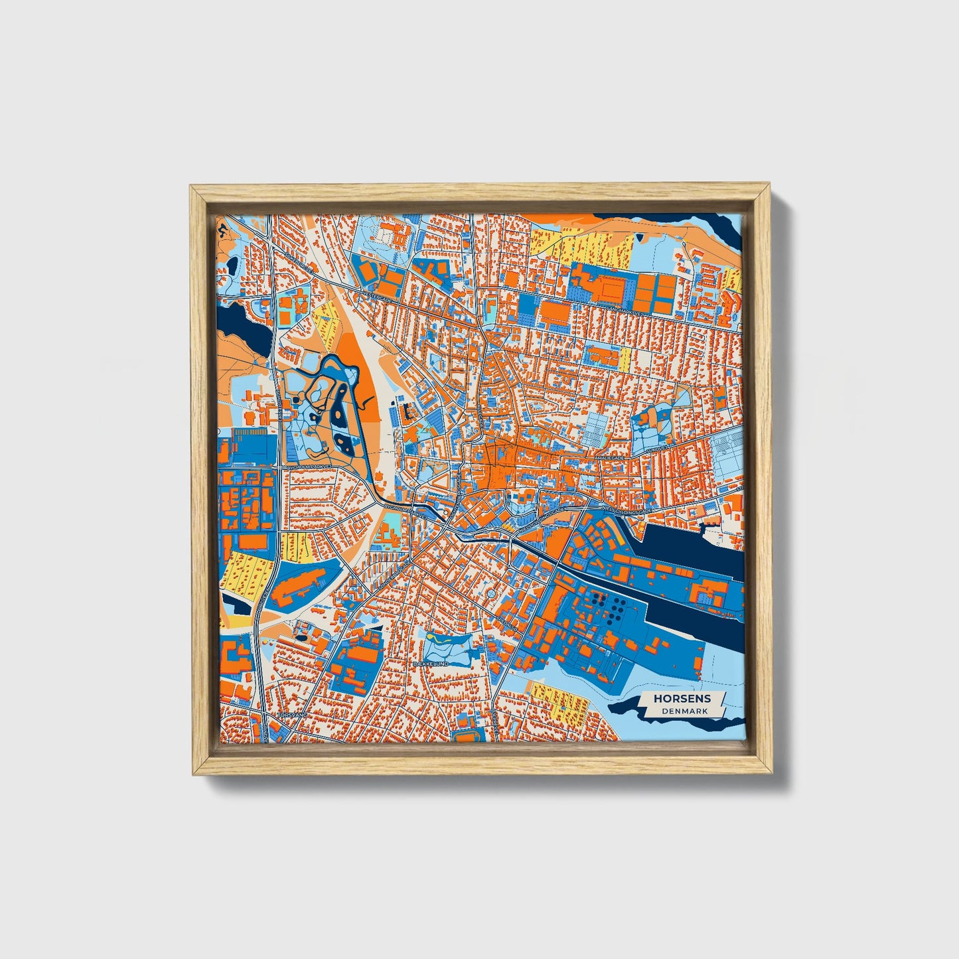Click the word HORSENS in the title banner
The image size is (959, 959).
[682, 698]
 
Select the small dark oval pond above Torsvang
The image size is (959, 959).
[302, 638]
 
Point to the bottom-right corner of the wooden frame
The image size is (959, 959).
[769, 774]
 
